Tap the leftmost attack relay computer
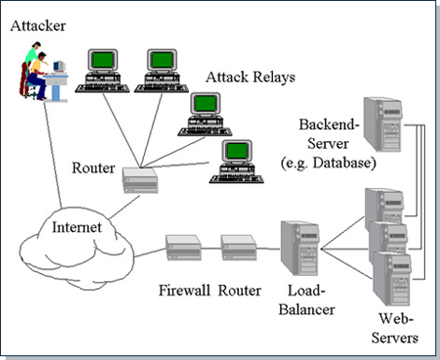[100, 70]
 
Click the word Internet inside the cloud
[78, 227]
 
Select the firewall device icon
[181, 248]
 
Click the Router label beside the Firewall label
[239, 290]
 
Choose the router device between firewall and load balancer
[236, 248]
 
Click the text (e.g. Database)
[328, 164]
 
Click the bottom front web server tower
[390, 276]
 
